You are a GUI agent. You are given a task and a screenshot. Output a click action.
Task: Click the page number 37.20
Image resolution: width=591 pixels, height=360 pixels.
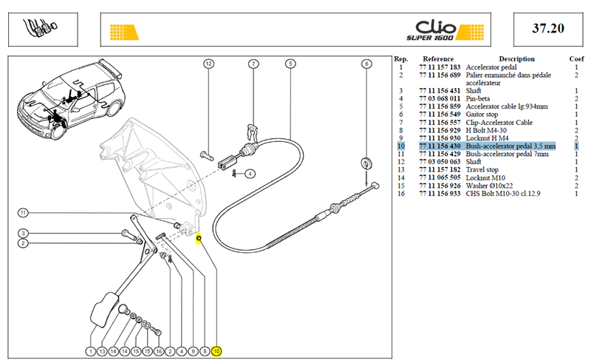tap(548, 28)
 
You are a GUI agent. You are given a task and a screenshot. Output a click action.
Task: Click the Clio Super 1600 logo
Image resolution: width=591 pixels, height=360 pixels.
tap(445, 30)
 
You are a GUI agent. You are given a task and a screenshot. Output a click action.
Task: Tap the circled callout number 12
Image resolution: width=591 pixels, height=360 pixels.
tap(208, 64)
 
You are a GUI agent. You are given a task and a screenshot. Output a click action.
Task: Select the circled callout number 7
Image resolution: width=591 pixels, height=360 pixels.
tap(253, 64)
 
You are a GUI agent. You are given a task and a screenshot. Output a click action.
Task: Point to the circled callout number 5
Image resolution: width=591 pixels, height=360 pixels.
tap(290, 64)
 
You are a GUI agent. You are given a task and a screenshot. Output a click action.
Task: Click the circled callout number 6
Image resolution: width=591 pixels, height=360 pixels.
tap(366, 64)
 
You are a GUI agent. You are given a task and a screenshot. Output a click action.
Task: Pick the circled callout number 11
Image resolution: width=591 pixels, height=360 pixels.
tap(23, 213)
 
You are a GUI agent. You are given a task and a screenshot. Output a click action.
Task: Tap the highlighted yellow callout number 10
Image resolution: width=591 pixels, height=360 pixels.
tap(216, 351)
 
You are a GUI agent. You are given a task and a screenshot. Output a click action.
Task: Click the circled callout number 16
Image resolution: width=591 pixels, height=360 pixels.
tap(159, 351)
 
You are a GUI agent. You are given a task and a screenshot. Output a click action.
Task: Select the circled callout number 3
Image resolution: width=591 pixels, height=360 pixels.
tap(23, 234)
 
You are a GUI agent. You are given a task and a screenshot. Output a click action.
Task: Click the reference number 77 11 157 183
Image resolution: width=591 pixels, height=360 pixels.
tap(440, 67)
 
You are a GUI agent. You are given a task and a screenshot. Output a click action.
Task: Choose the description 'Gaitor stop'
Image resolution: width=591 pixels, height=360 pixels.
tap(482, 115)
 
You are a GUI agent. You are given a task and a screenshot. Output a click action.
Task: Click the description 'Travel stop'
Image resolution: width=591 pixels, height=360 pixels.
tap(482, 169)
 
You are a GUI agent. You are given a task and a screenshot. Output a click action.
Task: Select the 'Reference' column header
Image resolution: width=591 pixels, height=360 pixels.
tap(438, 59)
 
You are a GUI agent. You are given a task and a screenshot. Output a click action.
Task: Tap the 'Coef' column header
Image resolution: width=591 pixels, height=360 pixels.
tap(576, 59)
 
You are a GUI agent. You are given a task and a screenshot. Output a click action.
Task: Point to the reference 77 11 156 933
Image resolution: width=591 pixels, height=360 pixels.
tap(440, 194)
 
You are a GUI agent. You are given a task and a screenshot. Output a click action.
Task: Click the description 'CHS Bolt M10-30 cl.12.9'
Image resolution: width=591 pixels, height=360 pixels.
tap(503, 194)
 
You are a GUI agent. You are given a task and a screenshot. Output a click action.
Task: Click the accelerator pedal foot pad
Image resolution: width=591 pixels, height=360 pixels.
tap(104, 310)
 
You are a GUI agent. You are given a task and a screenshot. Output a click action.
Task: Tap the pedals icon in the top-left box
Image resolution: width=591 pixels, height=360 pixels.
tap(41, 28)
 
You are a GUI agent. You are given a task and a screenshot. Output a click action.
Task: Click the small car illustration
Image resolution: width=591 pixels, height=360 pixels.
tap(70, 99)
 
